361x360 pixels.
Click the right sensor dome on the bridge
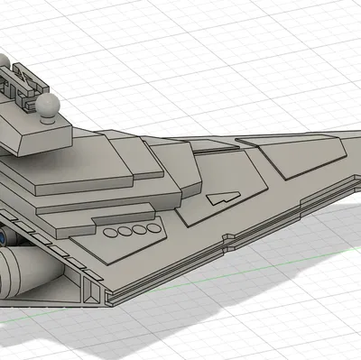pyautogui.click(x=50, y=106)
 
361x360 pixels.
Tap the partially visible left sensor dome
pyautogui.click(x=5, y=66)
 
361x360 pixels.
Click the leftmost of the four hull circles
pyautogui.click(x=110, y=232)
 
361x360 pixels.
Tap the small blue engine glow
pyautogui.click(x=5, y=237)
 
